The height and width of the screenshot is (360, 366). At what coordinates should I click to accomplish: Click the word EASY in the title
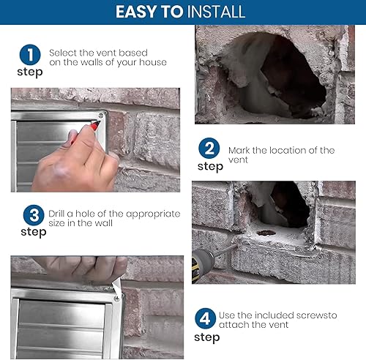tap(136, 12)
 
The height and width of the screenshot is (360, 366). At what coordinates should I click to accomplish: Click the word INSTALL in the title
tap(215, 12)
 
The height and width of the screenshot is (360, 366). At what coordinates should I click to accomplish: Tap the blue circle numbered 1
tap(30, 55)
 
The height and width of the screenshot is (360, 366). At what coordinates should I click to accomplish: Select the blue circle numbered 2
tap(209, 149)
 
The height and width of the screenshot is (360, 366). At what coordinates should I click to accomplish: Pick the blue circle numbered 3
tap(34, 215)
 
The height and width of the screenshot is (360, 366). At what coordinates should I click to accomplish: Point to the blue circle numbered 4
tap(206, 318)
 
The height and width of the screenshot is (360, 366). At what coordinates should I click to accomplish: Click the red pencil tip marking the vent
tap(97, 124)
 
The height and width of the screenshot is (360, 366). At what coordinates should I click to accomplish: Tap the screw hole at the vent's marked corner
tap(101, 115)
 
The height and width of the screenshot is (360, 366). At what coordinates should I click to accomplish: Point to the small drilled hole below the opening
tap(266, 233)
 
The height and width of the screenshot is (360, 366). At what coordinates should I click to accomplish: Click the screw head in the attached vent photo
tap(117, 298)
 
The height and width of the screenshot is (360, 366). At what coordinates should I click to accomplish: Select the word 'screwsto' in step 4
tap(317, 315)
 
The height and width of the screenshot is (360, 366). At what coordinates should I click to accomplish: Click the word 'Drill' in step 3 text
tap(56, 214)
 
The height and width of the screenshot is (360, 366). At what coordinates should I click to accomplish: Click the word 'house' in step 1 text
tap(153, 62)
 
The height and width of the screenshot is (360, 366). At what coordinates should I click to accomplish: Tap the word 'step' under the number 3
tap(34, 232)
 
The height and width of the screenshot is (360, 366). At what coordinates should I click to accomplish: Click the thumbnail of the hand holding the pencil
tap(95, 140)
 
